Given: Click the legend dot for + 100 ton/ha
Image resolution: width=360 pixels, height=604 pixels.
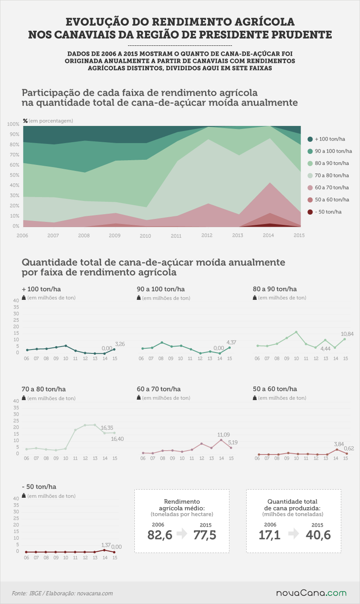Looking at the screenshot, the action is (310, 139).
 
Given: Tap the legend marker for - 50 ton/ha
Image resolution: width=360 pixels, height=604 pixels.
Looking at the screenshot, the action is (310, 212).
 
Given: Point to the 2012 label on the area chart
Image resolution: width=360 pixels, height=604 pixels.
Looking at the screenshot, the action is (207, 236).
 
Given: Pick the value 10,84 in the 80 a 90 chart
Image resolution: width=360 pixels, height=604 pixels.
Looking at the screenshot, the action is (347, 334).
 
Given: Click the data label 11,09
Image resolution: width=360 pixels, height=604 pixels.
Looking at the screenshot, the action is (223, 435).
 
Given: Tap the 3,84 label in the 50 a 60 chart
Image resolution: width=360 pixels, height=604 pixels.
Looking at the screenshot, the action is (339, 444).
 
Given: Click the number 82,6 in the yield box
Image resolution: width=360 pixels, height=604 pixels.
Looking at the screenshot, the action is (160, 535).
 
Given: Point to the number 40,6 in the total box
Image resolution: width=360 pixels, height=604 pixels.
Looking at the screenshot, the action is (318, 535).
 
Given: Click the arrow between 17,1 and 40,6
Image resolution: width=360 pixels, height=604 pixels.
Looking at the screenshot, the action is (294, 534).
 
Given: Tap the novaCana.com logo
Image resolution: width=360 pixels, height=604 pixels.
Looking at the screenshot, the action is (311, 593).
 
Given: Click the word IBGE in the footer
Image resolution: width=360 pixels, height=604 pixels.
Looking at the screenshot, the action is (35, 593).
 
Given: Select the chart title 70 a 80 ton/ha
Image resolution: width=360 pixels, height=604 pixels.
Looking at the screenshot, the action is (44, 389).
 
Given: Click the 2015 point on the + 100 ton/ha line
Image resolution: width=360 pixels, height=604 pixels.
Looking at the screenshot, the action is (114, 350).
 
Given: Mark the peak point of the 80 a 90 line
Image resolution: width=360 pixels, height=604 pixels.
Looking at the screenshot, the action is (296, 332).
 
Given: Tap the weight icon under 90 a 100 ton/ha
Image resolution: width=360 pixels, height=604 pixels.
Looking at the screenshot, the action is (139, 298).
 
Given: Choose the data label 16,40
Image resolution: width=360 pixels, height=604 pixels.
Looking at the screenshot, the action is (117, 439).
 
